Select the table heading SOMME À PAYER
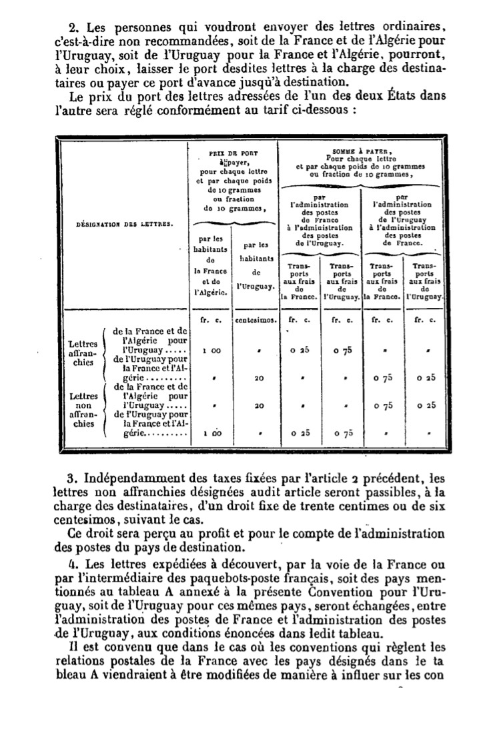coord(345,151)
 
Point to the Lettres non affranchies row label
coord(85,408)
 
